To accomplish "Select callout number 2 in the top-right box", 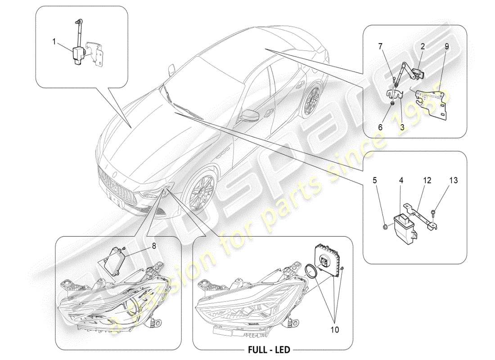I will (423, 46).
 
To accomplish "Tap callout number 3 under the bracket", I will (402, 128).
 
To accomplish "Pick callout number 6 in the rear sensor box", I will (380, 128).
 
